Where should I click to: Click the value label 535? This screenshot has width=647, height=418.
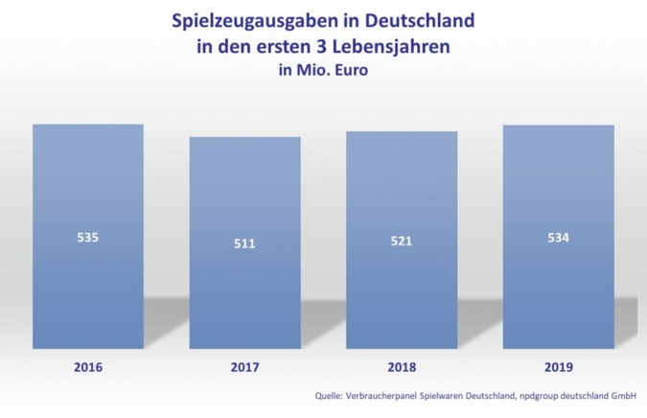pos(87,237)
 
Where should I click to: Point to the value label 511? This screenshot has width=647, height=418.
pos(244,244)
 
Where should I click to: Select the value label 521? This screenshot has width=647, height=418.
pos(402,241)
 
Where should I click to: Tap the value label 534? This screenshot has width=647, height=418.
pos(558,237)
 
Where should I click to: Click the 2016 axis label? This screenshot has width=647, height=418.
pos(87,367)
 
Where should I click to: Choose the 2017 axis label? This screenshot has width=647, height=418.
pos(244,367)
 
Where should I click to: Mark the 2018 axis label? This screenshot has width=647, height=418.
pos(402,367)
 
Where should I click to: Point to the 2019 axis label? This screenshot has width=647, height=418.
pos(558,367)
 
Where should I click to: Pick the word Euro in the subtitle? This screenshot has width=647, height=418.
pos(351,69)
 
